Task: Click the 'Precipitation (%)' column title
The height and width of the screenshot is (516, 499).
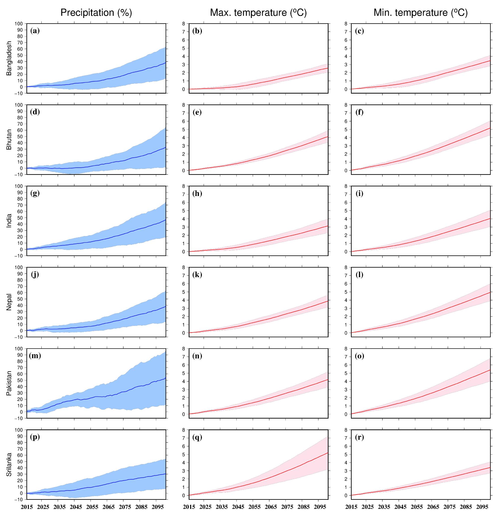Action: click(x=96, y=13)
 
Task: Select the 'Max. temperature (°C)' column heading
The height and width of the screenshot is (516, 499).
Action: click(x=258, y=13)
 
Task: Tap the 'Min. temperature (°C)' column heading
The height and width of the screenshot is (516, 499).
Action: click(x=421, y=13)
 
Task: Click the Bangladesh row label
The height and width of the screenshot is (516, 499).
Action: click(x=9, y=58)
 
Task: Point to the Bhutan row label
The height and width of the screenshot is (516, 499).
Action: click(x=9, y=139)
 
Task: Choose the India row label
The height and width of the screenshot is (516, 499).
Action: click(x=9, y=221)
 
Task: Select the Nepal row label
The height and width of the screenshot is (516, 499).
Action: click(x=9, y=302)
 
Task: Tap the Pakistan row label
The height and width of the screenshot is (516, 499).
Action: click(x=9, y=383)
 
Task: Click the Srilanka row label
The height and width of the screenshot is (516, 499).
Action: click(x=9, y=464)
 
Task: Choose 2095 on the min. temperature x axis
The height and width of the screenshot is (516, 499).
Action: click(x=481, y=507)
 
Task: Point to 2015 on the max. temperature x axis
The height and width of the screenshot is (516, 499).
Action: click(x=189, y=507)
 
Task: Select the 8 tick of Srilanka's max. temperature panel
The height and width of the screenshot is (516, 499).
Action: click(x=184, y=430)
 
